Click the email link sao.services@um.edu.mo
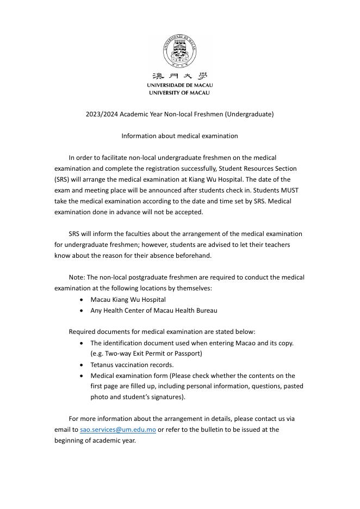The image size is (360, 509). coord(118,430)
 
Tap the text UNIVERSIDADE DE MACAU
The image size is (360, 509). coord(179,85)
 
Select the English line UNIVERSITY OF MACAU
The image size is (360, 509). coord(179,93)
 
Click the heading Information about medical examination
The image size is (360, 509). coord(179,136)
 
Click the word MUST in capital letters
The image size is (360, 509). coord(290,190)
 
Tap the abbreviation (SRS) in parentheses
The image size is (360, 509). coord(62,179)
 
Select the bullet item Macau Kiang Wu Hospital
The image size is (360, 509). coord(128,300)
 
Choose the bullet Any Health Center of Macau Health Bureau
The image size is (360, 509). coord(153,311)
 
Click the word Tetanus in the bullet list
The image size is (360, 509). coord(102,365)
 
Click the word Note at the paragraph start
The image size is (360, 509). coord(77,278)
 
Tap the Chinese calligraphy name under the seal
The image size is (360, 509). coord(179,76)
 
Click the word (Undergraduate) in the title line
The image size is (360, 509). coord(249,114)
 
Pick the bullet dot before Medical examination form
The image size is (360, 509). coord(82,376)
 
